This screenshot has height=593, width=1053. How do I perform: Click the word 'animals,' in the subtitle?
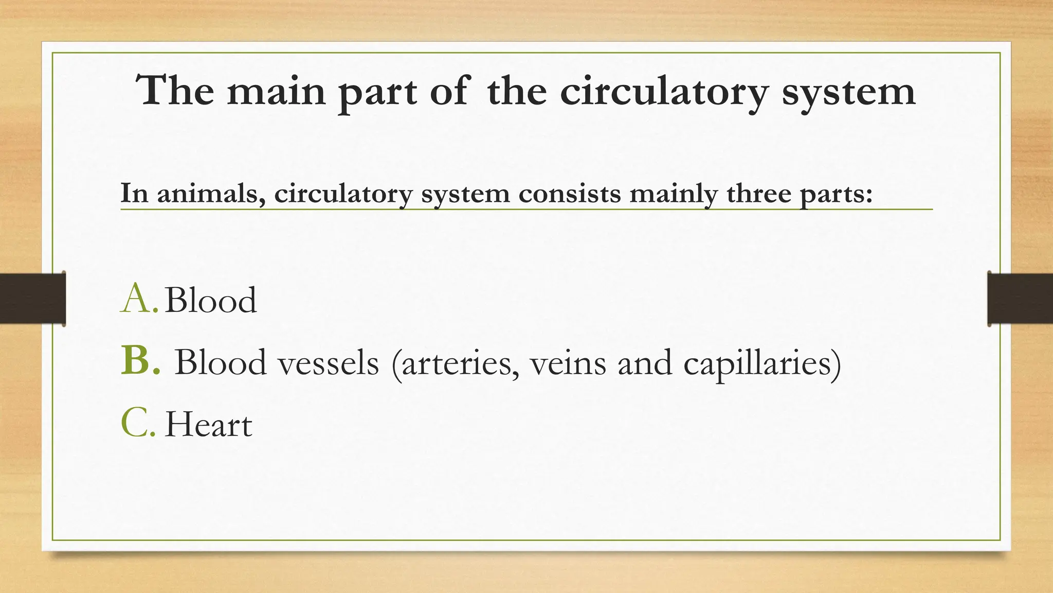coord(211,194)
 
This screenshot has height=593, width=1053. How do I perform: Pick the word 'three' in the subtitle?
coord(759,194)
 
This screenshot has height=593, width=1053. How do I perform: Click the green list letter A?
coord(138,299)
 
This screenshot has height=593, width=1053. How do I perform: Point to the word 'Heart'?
coord(208,425)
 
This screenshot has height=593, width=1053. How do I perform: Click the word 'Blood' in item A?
coord(210,300)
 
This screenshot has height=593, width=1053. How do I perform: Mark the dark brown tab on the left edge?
coord(32,299)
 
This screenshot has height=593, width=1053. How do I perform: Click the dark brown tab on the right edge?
coord(1020,299)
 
